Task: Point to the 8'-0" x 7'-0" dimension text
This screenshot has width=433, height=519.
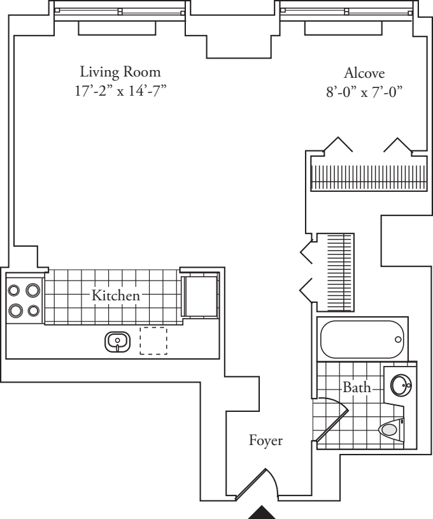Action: coord(364,90)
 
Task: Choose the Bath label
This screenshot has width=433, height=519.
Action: coord(356,387)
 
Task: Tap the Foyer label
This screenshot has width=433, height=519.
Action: coord(266,440)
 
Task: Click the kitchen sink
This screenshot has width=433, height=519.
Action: coord(117,342)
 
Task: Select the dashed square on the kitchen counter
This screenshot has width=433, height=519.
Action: coord(153,340)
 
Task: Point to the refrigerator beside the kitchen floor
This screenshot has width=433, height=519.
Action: coord(200,295)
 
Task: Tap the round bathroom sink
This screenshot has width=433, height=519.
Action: coord(401,385)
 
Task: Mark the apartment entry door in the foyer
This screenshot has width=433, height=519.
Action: coord(255,485)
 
